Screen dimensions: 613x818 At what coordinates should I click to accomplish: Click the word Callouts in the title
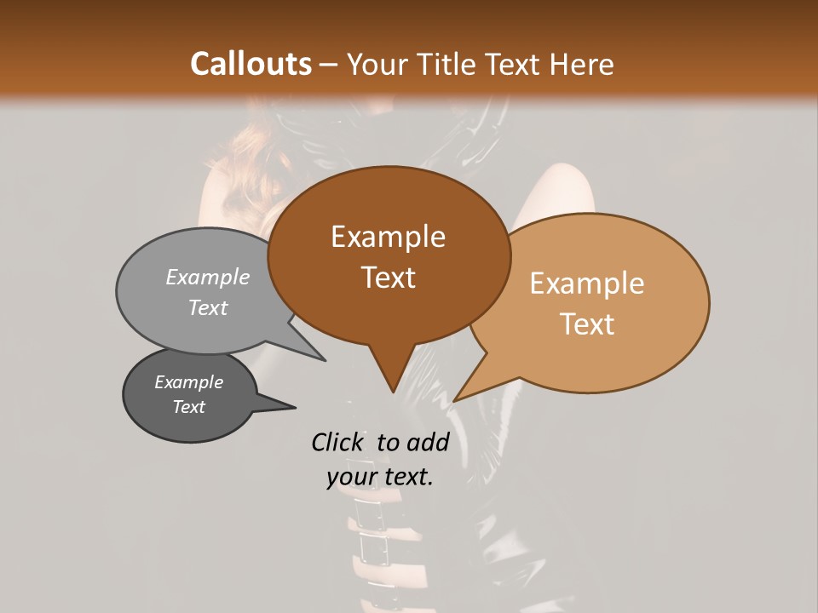251,64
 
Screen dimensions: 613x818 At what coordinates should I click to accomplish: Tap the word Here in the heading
581,64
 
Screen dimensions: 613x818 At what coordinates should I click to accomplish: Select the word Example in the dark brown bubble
388,238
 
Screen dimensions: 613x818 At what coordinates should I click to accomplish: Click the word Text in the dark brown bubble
388,278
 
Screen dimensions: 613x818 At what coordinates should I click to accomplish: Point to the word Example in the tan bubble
587,284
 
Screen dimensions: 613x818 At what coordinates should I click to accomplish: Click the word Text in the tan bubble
588,324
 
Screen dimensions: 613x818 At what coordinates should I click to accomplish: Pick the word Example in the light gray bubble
208,277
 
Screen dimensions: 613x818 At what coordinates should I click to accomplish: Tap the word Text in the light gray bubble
208,307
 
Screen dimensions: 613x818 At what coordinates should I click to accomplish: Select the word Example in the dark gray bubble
188,382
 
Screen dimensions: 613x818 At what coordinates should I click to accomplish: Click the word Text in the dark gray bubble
188,407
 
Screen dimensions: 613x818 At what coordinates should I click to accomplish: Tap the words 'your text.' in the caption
380,477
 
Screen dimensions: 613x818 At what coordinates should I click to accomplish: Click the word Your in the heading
380,64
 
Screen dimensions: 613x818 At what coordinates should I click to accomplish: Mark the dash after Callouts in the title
329,64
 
